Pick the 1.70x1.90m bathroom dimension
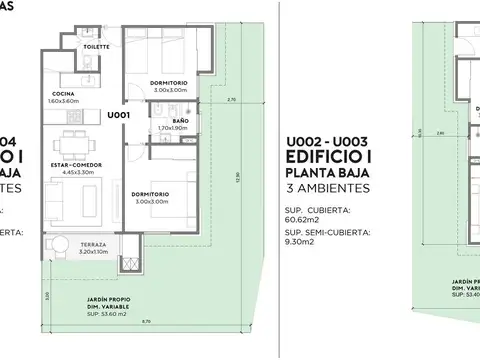[x=173, y=128]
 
